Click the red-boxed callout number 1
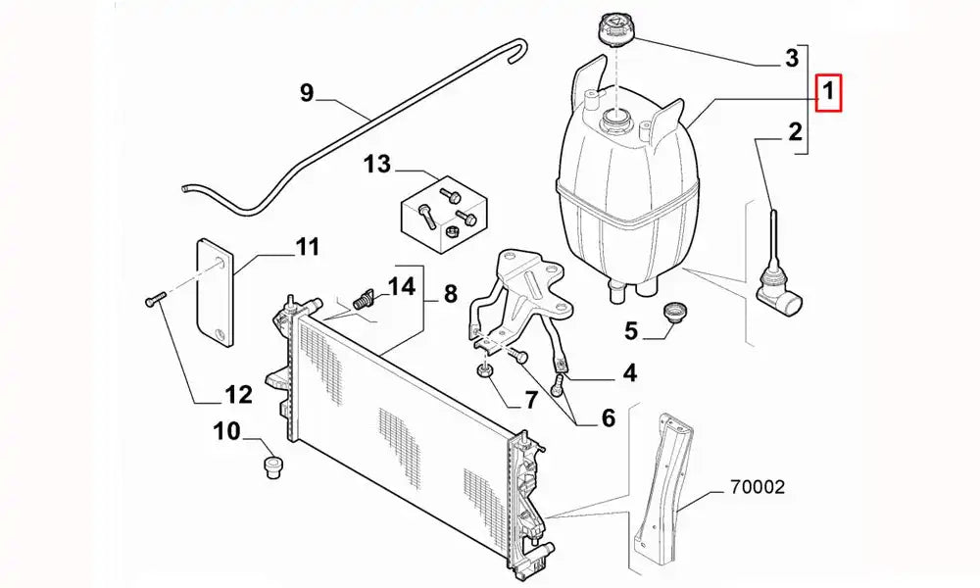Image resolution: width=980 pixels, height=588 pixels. [x=828, y=94]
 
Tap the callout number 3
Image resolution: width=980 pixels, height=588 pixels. [x=792, y=59]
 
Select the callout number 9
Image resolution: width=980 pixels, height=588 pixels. [x=307, y=93]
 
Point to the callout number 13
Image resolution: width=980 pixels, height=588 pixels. [x=377, y=164]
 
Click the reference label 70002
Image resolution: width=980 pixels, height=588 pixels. [x=756, y=486]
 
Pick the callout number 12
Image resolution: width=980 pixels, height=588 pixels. [x=238, y=395]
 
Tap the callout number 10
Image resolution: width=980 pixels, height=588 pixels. [x=225, y=430]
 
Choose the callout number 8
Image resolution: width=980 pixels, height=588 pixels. [x=450, y=293]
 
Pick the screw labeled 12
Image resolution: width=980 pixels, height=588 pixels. [x=151, y=302]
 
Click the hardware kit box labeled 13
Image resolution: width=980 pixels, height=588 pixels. [x=442, y=213]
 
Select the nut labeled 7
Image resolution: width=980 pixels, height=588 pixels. [x=483, y=371]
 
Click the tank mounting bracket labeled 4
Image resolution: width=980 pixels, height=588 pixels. [x=524, y=294]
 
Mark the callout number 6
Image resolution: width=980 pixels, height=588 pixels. [x=608, y=418]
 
